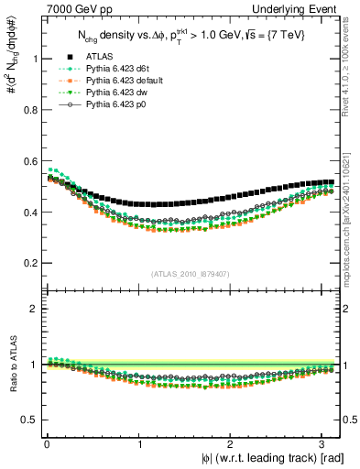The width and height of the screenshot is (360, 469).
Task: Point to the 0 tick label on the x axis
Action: pyautogui.click(x=46, y=443)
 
